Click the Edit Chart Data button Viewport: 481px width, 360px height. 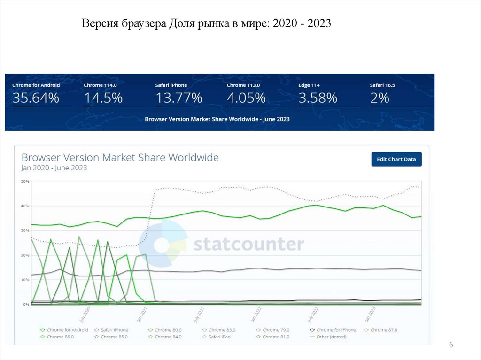(396, 159)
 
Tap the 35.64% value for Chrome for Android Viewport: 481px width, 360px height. (36, 98)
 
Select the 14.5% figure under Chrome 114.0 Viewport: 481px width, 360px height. (103, 98)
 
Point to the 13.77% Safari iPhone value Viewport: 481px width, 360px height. (178, 98)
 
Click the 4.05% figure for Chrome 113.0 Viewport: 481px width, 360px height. (246, 98)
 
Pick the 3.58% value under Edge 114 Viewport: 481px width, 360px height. (318, 98)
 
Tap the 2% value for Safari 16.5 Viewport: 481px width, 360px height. (380, 98)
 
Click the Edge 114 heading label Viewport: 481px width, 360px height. (309, 85)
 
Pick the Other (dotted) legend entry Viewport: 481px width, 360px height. (331, 337)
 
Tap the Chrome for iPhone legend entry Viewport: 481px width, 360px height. (336, 330)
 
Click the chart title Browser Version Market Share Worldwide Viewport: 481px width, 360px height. (120, 158)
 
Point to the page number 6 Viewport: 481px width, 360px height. (451, 345)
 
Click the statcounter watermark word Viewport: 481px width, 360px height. (248, 245)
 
